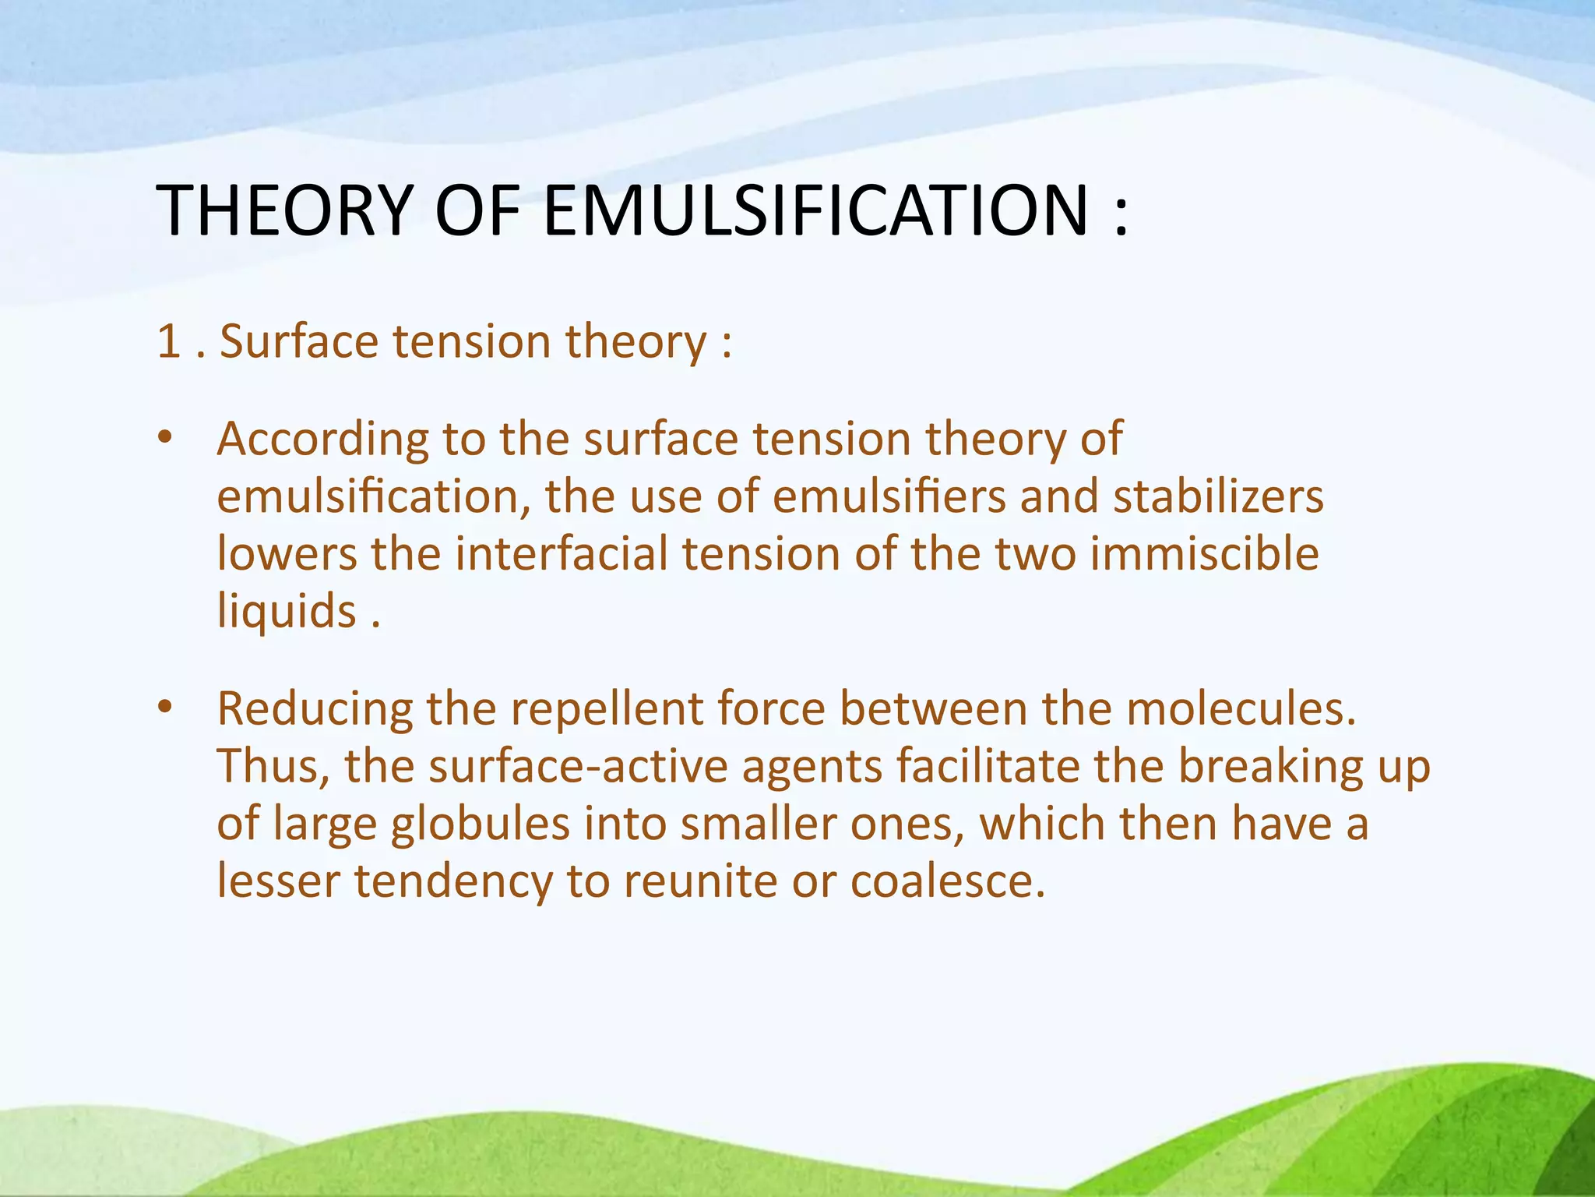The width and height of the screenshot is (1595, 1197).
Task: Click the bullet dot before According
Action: click(164, 439)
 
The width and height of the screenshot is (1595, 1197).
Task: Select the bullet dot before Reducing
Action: click(164, 708)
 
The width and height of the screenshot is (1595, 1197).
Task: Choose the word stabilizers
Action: click(1218, 496)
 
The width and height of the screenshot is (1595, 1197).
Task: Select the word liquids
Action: click(287, 611)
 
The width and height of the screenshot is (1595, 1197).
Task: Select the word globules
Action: click(480, 824)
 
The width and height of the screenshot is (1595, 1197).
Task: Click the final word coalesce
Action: click(947, 881)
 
